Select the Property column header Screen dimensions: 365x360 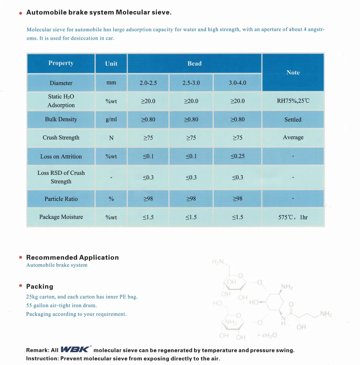[61, 63]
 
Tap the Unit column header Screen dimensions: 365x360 [111, 64]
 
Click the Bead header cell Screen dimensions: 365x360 [194, 64]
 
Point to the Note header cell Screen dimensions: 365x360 [293, 72]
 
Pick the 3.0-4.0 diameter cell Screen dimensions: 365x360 [237, 83]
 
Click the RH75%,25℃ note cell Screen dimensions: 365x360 [293, 101]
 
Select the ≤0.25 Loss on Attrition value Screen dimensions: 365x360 [237, 156]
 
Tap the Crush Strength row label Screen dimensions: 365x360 [61, 138]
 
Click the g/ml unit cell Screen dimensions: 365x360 [111, 119]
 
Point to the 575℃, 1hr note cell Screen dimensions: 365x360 [293, 217]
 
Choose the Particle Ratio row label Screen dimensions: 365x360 [61, 199]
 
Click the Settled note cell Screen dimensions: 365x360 [293, 120]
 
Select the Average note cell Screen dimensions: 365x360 [293, 138]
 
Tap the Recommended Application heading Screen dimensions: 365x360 [72, 257]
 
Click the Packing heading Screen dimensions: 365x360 [39, 286]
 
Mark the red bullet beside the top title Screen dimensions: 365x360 [21, 13]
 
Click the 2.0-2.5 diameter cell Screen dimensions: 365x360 [148, 83]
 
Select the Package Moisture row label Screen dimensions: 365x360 [61, 217]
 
